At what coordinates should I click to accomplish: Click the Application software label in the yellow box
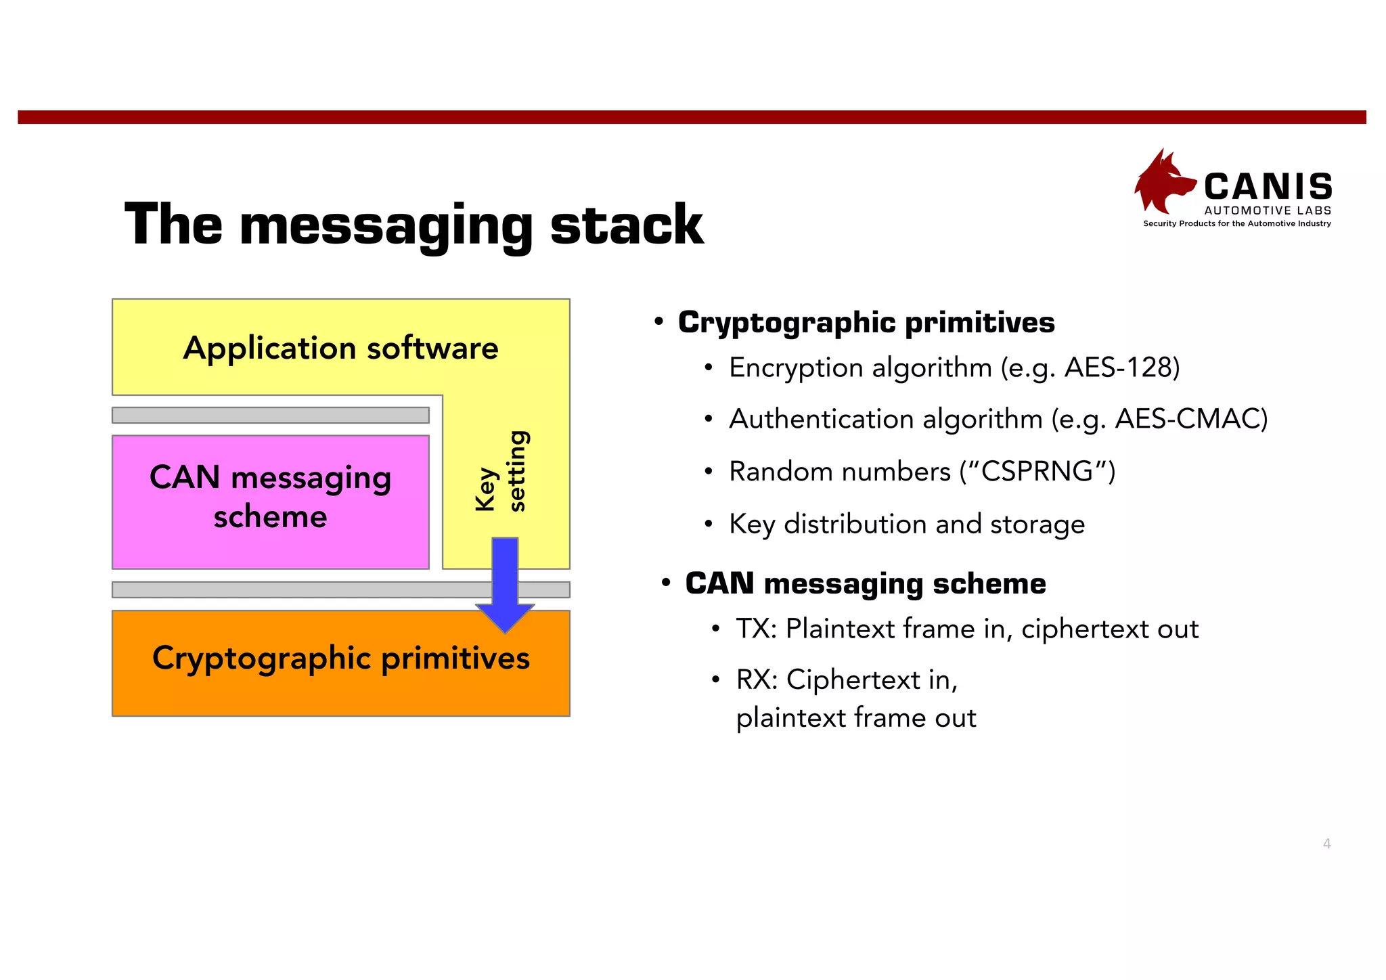click(x=340, y=348)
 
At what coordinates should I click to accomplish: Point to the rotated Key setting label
click(x=501, y=472)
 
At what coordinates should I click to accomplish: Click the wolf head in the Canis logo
click(x=1162, y=181)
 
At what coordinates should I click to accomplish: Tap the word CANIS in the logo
click(x=1268, y=187)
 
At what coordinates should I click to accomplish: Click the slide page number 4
click(x=1326, y=843)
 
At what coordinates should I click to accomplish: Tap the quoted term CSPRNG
click(x=1037, y=471)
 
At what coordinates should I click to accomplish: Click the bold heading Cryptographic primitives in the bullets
click(x=866, y=322)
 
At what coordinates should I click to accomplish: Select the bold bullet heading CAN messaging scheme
click(x=865, y=583)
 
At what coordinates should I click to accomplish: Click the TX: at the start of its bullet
click(x=757, y=629)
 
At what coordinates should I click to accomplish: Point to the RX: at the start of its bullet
click(x=757, y=680)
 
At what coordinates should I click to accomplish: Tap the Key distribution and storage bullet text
click(x=906, y=524)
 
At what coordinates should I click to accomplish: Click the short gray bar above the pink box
click(x=270, y=415)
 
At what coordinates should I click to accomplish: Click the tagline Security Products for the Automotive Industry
click(x=1236, y=223)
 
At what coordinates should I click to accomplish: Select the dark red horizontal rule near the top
click(x=692, y=117)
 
